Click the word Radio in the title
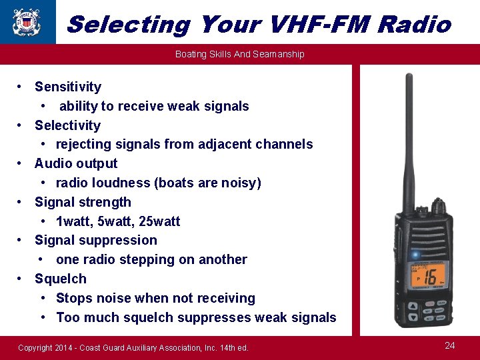[414, 25]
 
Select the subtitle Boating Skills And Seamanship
[239, 54]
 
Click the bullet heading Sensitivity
[68, 87]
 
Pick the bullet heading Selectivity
[67, 125]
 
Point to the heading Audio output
[76, 163]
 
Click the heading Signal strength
[83, 202]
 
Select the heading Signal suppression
[96, 240]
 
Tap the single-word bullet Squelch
[61, 279]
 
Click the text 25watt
[160, 221]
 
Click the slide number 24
[450, 345]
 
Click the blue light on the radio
[415, 255]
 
